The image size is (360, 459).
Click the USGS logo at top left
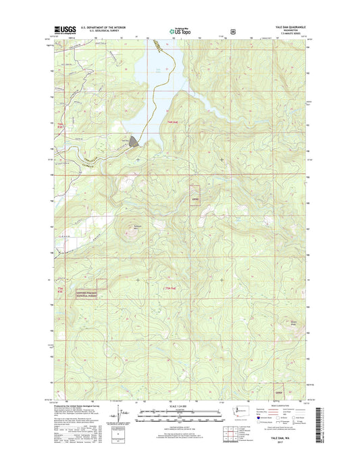[x=64, y=30]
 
